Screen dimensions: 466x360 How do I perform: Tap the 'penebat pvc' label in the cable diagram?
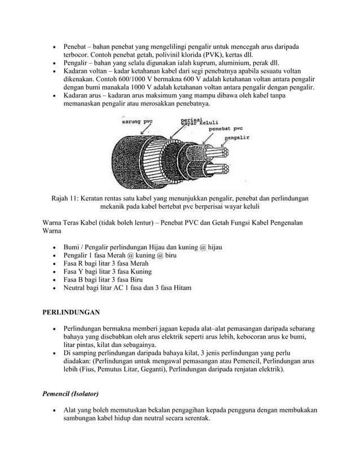pos(226,129)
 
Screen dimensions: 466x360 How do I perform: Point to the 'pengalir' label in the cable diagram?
pos(239,136)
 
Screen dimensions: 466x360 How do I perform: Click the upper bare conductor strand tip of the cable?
pos(222,153)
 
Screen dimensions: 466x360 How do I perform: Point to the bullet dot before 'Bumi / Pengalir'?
pos(54,247)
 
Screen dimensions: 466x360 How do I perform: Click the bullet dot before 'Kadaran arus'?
pos(54,97)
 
